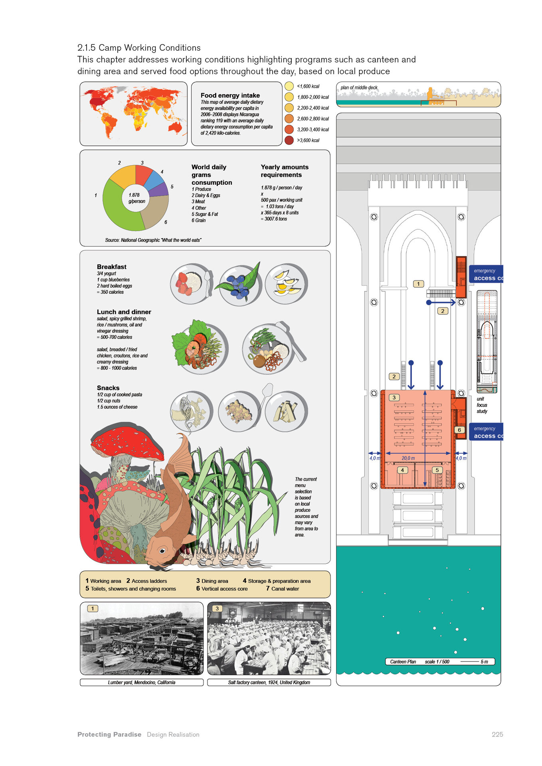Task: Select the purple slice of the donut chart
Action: pyautogui.click(x=161, y=190)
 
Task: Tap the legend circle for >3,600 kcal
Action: pyautogui.click(x=289, y=140)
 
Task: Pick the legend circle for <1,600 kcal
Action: pyautogui.click(x=289, y=86)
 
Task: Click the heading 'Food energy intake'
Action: pyautogui.click(x=230, y=95)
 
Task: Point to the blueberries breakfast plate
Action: pyautogui.click(x=239, y=284)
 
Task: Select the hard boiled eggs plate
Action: pyautogui.click(x=286, y=283)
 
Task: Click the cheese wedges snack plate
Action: pyautogui.click(x=286, y=411)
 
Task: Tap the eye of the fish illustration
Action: pyautogui.click(x=162, y=551)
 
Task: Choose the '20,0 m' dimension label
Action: pyautogui.click(x=408, y=458)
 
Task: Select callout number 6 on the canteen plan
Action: pyautogui.click(x=459, y=430)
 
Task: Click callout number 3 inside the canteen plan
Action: pyautogui.click(x=394, y=398)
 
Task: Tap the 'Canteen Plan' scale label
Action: pyautogui.click(x=403, y=661)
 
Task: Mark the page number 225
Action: pyautogui.click(x=497, y=734)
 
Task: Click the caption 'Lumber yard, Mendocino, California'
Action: pyautogui.click(x=141, y=682)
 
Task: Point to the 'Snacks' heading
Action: pyautogui.click(x=108, y=388)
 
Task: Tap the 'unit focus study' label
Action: pyautogui.click(x=482, y=405)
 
